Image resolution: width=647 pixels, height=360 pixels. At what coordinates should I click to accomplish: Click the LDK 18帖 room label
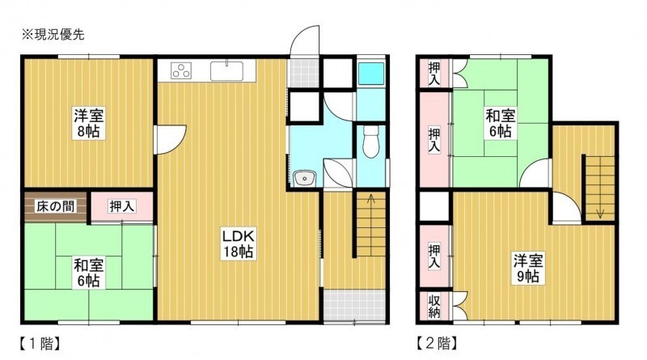point(238,244)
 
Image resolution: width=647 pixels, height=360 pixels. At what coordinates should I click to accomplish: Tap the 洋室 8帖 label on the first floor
point(89,123)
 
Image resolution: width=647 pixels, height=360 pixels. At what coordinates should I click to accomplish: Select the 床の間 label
point(55,206)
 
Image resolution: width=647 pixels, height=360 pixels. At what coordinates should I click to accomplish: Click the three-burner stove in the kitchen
point(181,70)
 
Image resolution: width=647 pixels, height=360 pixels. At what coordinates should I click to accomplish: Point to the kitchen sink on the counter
point(226,70)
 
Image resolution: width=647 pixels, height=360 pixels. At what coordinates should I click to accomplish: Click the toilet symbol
point(370,142)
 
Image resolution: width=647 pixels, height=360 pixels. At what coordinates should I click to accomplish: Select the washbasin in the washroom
point(305,179)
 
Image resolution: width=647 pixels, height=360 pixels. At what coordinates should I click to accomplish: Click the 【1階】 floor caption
point(40,344)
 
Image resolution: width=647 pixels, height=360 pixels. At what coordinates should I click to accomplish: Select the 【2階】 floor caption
point(437,343)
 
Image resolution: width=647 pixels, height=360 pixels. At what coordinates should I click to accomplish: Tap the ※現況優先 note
point(53,35)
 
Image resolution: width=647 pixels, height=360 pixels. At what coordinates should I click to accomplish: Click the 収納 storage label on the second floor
point(433,307)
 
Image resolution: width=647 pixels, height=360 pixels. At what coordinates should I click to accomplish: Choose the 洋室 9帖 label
point(528,269)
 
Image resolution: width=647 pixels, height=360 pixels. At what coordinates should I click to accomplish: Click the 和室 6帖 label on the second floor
point(500,123)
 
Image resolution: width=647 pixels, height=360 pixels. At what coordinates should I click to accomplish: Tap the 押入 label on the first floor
point(122,206)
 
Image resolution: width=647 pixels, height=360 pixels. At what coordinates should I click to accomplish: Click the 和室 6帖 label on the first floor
point(89,273)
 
